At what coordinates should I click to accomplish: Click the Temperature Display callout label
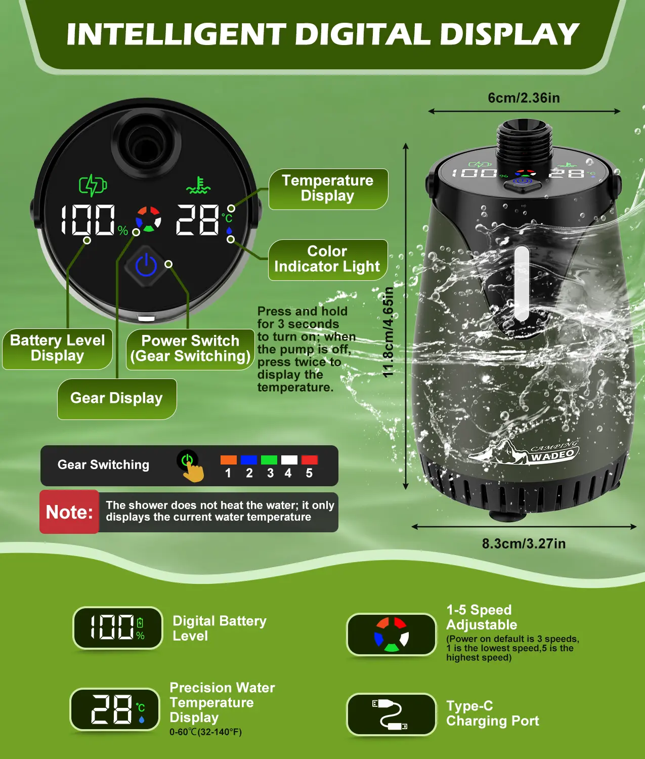coord(328,189)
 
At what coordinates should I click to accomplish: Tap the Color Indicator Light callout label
coord(328,260)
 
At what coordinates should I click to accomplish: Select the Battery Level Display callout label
coord(57,349)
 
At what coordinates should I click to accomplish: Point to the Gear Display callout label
coord(117,399)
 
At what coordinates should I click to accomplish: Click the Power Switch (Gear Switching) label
coord(190,349)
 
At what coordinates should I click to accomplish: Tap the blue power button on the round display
coord(146,266)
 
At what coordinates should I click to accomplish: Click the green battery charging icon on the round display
coord(93,185)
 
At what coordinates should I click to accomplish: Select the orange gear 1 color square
coord(228,460)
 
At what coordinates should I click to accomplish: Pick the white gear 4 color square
coord(289,460)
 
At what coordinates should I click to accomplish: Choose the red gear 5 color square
coord(310,460)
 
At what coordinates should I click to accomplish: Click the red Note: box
coord(69,512)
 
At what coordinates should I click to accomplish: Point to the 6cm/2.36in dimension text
coord(524,98)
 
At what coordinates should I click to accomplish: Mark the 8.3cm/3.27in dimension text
coord(524,543)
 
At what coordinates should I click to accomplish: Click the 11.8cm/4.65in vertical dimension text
coord(388,332)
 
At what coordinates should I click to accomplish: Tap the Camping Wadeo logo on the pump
coord(524,452)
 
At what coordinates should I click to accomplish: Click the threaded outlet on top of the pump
coord(524,140)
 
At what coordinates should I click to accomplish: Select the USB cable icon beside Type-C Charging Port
coord(390,714)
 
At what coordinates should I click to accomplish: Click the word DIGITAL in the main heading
coord(362,34)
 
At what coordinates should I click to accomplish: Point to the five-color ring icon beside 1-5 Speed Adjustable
coord(392,635)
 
